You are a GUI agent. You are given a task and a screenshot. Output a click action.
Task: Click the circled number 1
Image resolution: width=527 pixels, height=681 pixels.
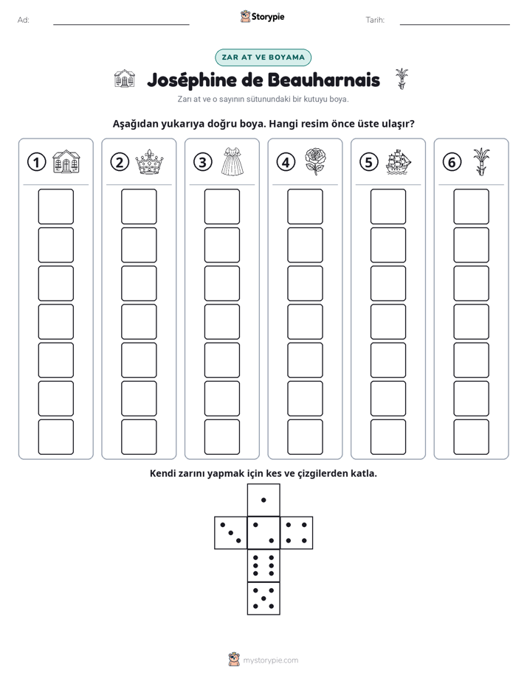point(36,162)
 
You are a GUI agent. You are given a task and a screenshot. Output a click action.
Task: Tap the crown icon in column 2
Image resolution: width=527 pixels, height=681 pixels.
point(149,162)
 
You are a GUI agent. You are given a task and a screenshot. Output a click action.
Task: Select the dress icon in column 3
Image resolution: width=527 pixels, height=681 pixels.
point(232,161)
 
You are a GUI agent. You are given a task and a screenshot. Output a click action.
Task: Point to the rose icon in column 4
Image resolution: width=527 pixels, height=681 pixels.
point(315,161)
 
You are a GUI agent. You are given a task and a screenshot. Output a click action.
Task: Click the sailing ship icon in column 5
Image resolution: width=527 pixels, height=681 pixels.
point(399,162)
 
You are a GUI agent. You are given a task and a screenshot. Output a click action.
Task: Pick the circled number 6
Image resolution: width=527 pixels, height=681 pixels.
point(452,162)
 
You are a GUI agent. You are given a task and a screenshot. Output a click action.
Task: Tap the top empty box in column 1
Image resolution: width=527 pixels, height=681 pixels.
point(55,206)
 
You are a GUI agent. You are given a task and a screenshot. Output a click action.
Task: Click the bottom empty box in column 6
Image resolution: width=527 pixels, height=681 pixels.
point(471,437)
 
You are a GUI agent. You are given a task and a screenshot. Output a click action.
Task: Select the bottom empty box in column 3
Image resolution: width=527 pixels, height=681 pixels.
point(221,437)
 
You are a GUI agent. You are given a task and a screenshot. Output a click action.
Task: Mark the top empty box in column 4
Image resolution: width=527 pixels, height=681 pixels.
point(305,206)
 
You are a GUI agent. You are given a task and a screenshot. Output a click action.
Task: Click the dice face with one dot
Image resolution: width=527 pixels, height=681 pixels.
point(263,500)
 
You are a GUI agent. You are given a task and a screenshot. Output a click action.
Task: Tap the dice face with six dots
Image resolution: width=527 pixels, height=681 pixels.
point(263,565)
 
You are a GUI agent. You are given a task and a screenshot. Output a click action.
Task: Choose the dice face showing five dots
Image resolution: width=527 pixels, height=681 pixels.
point(263,598)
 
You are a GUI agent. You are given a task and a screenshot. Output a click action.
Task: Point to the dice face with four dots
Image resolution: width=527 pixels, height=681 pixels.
point(297,533)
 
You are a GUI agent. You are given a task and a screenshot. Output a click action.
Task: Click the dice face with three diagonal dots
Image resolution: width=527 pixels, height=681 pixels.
point(231,533)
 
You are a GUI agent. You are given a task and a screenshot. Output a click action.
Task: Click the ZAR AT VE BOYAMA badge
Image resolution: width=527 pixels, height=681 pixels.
point(263,57)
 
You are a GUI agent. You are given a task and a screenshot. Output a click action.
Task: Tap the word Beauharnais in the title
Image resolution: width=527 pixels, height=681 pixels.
point(323,80)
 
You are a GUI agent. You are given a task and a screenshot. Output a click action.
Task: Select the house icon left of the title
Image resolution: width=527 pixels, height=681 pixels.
point(124,79)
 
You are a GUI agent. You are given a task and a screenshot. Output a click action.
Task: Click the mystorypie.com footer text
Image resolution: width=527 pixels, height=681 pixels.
point(270,660)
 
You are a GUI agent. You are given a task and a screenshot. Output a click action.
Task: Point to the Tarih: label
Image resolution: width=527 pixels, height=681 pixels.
point(375,20)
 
